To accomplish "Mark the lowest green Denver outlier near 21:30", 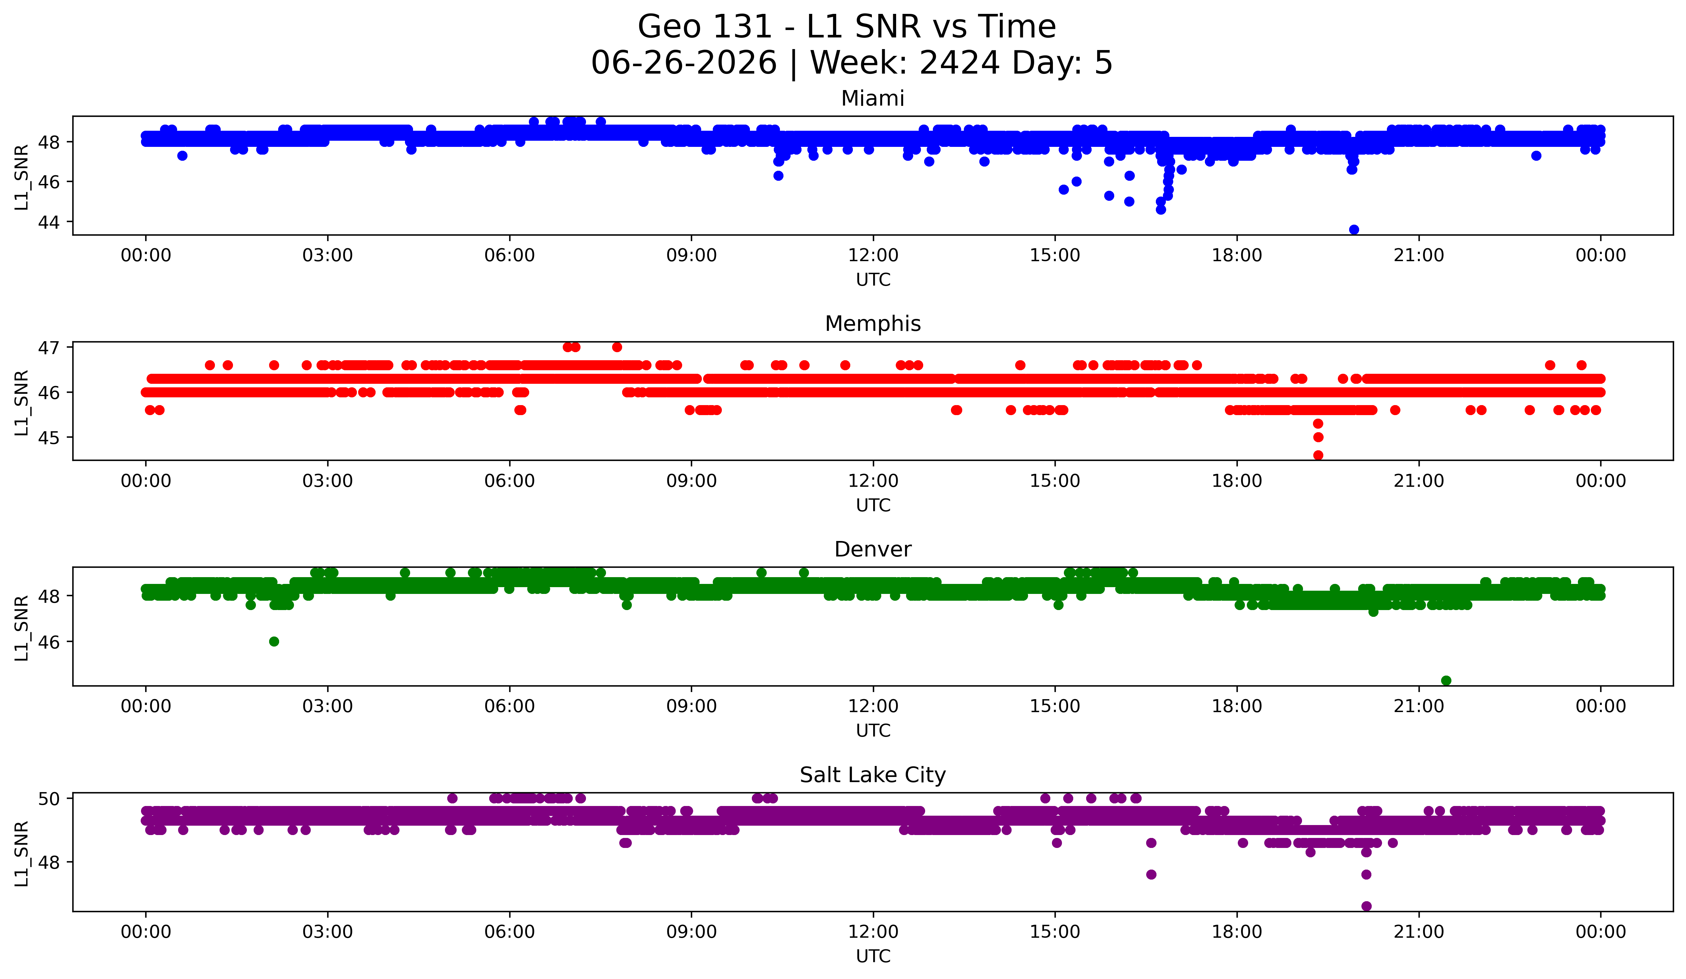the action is (x=1446, y=680).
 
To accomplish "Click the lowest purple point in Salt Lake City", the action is (x=1366, y=906).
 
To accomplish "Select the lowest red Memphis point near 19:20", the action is (x=1318, y=455).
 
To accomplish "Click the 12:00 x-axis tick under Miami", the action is (x=873, y=256).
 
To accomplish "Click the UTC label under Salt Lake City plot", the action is (x=873, y=956).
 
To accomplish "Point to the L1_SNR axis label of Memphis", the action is (x=21, y=403).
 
